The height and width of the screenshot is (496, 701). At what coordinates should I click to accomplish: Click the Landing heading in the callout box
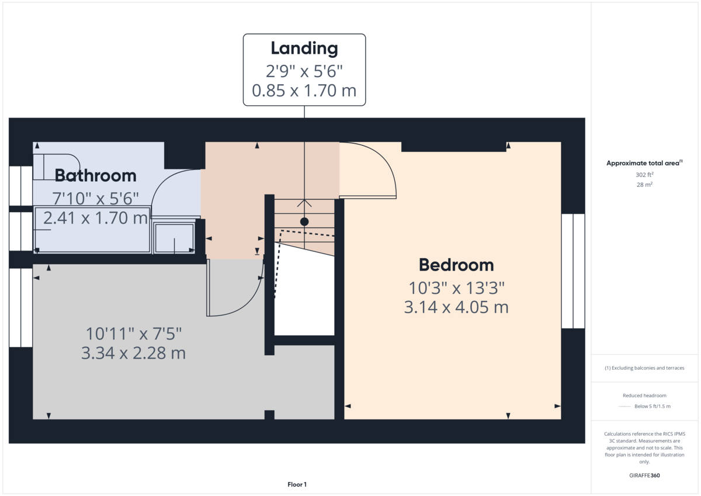(x=304, y=48)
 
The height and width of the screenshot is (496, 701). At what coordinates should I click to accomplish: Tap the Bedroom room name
(x=456, y=265)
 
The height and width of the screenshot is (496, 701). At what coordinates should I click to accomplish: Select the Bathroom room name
(x=95, y=175)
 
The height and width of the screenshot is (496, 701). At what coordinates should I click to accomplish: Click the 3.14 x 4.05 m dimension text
(x=456, y=307)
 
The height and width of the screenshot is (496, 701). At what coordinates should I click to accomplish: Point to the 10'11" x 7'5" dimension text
(x=134, y=334)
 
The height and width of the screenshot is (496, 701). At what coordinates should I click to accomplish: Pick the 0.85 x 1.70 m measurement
(x=304, y=91)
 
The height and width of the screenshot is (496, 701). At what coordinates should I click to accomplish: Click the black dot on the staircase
(x=304, y=221)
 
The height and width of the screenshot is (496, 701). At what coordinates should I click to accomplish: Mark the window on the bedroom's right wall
(x=572, y=270)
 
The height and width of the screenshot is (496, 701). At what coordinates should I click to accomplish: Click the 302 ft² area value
(x=644, y=175)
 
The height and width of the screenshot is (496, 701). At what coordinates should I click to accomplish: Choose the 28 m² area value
(x=644, y=185)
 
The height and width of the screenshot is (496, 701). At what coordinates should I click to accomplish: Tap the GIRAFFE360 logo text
(x=644, y=476)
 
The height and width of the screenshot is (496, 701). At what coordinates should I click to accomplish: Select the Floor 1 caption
(x=297, y=484)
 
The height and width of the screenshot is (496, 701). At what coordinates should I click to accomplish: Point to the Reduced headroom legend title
(x=644, y=396)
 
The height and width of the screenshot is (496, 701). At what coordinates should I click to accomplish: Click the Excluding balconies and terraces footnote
(x=644, y=368)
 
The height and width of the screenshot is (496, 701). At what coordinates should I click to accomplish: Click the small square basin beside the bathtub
(x=174, y=237)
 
